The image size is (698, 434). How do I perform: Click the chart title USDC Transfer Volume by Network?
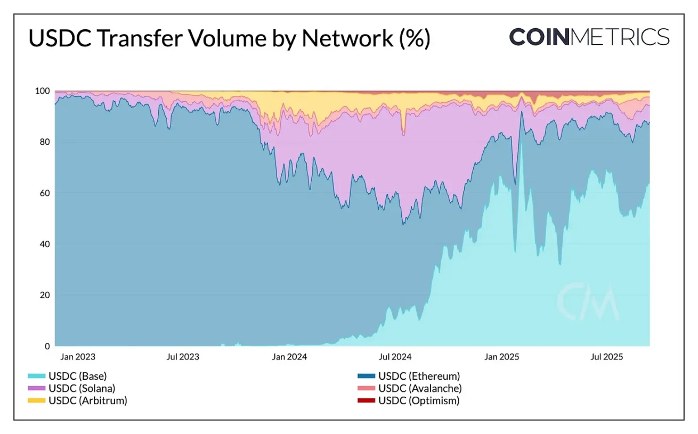pyautogui.click(x=229, y=39)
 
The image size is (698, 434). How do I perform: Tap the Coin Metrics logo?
pyautogui.click(x=589, y=37)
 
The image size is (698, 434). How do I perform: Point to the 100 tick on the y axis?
pyautogui.click(x=42, y=91)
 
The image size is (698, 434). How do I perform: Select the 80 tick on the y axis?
pyautogui.click(x=44, y=142)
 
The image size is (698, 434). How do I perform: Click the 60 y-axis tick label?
pyautogui.click(x=44, y=193)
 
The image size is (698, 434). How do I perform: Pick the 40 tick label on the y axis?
pyautogui.click(x=44, y=244)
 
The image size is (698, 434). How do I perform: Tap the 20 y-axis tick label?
pyautogui.click(x=44, y=295)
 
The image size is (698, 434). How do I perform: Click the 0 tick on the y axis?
pyautogui.click(x=46, y=346)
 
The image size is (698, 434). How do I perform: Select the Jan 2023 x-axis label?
pyautogui.click(x=78, y=356)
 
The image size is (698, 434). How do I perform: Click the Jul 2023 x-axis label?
pyautogui.click(x=183, y=356)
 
